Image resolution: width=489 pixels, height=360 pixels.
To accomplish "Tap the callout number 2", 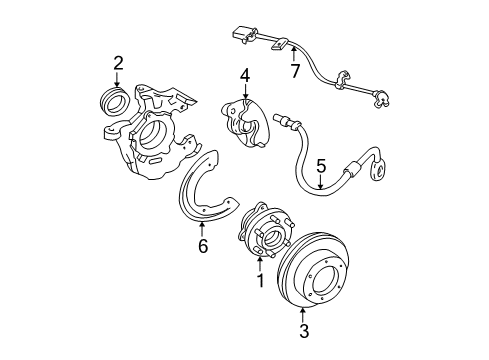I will pos(117,64).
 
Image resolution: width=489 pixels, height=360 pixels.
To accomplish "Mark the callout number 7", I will pos(294,73).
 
